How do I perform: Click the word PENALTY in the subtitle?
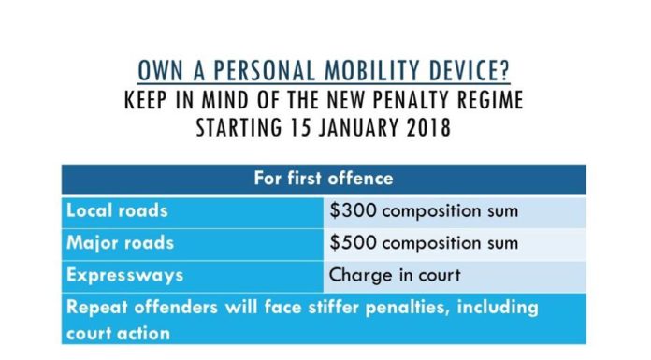(x=410, y=100)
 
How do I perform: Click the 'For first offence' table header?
(x=324, y=179)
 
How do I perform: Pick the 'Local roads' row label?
(x=117, y=210)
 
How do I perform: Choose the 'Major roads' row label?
(x=120, y=243)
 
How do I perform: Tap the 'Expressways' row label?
(x=124, y=275)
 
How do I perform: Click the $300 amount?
(x=353, y=210)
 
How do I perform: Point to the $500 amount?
(x=353, y=243)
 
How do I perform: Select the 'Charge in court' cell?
(x=395, y=275)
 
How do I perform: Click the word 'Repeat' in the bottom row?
(x=97, y=308)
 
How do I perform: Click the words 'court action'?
(x=119, y=334)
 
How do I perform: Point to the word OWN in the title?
(x=160, y=70)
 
